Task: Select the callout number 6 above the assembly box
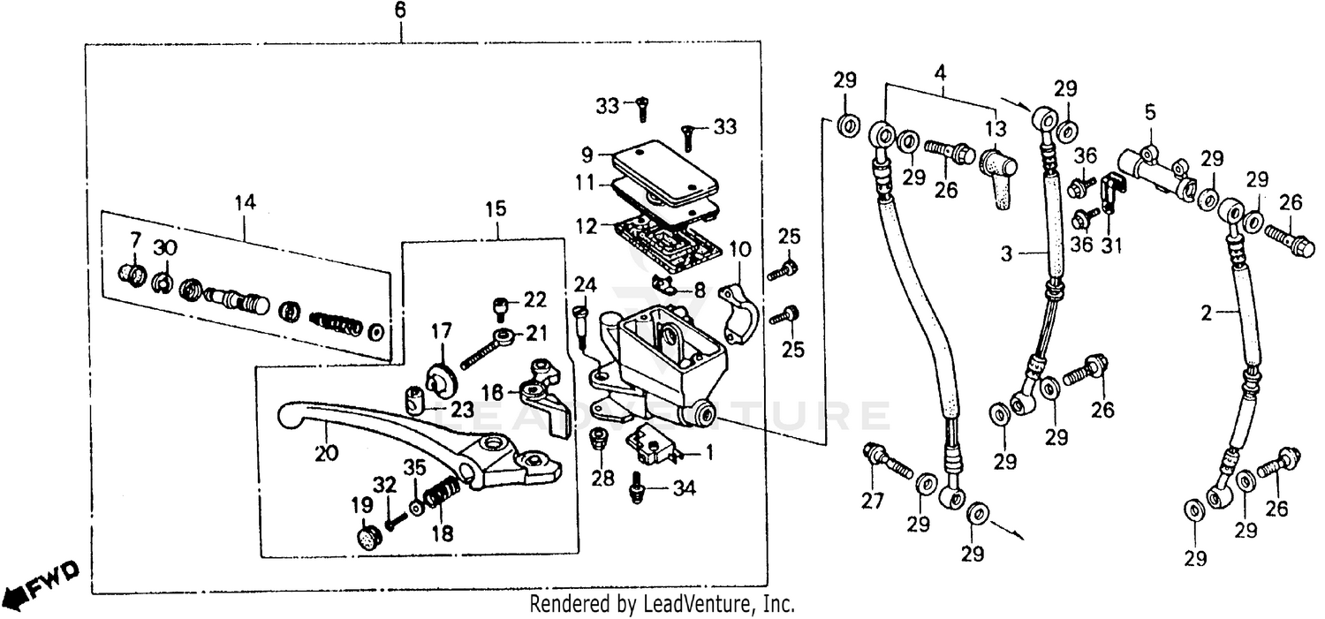click(x=400, y=11)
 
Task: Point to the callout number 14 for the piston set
click(x=245, y=202)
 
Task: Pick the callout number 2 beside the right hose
click(x=1207, y=312)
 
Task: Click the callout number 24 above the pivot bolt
click(x=584, y=284)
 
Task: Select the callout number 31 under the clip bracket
click(x=1110, y=245)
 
